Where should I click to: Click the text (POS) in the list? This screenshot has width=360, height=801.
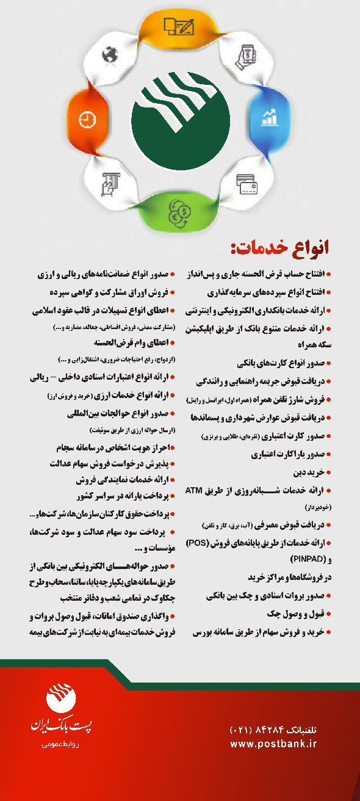(x=215, y=542)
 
